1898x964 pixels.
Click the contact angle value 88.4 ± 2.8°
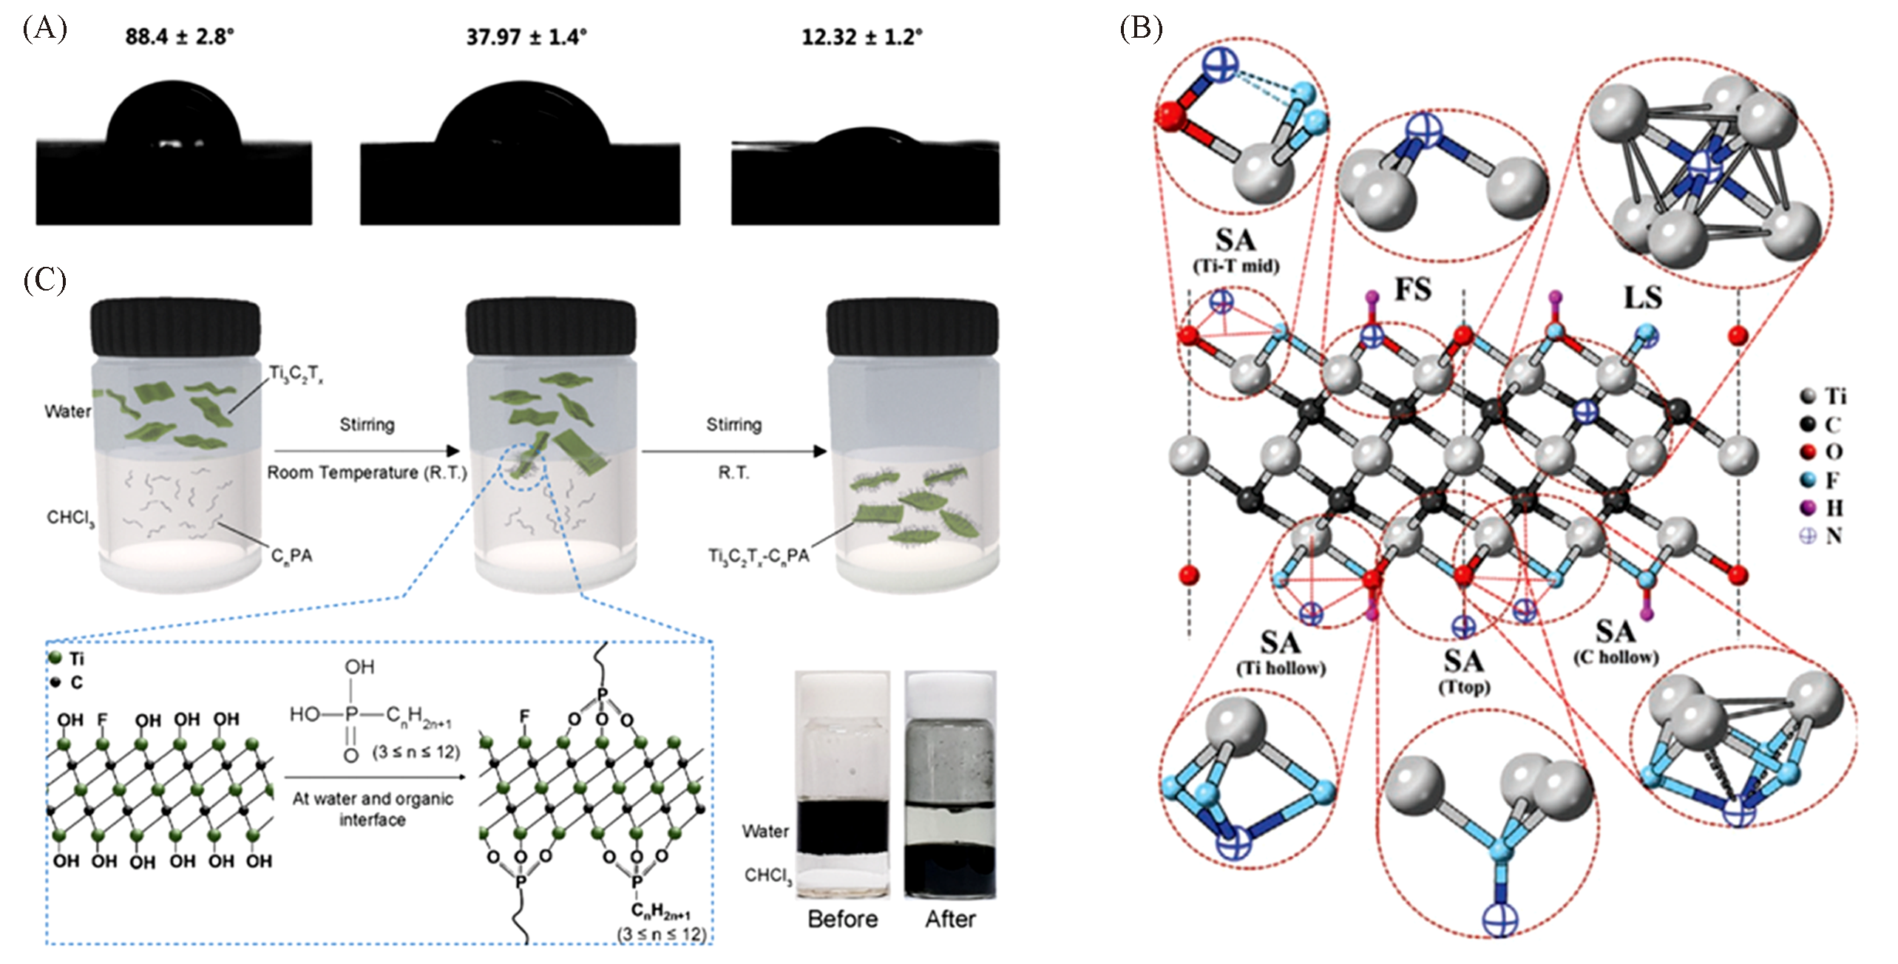click(x=180, y=36)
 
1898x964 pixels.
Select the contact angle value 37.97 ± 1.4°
click(x=526, y=36)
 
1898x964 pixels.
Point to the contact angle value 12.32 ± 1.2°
click(x=862, y=36)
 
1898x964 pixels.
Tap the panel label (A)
click(x=45, y=29)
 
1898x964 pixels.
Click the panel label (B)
click(x=1141, y=29)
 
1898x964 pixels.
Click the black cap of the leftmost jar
click(x=175, y=327)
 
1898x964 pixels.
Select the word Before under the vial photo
click(x=843, y=919)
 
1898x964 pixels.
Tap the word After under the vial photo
click(x=950, y=919)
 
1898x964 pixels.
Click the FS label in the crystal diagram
click(x=1412, y=289)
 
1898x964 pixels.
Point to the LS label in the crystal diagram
click(x=1642, y=297)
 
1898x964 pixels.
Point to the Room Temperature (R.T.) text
click(x=367, y=472)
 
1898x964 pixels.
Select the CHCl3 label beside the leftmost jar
click(x=70, y=518)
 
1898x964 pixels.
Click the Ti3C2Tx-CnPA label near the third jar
click(x=759, y=555)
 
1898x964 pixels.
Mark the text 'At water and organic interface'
click(x=372, y=809)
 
